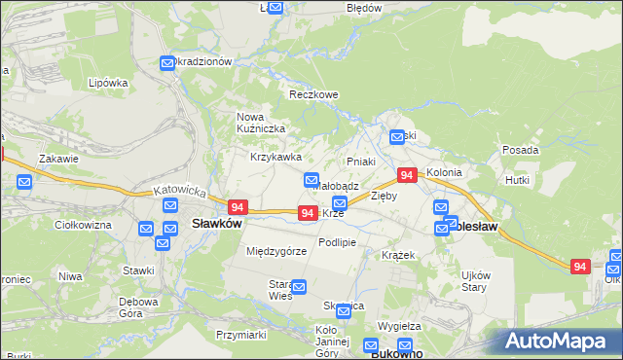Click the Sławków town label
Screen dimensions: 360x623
216,223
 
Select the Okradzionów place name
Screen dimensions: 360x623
202,60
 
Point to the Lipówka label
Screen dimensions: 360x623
108,83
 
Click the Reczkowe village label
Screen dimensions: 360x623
312,95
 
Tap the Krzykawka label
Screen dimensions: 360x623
275,157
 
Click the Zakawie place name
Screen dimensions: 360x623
57,158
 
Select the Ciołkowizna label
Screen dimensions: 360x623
83,225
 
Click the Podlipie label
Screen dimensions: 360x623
338,242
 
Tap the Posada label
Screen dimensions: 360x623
520,150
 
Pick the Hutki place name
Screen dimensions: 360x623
518,180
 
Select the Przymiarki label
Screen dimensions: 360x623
242,334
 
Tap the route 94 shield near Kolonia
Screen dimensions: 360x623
407,175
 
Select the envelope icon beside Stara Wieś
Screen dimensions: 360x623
299,287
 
